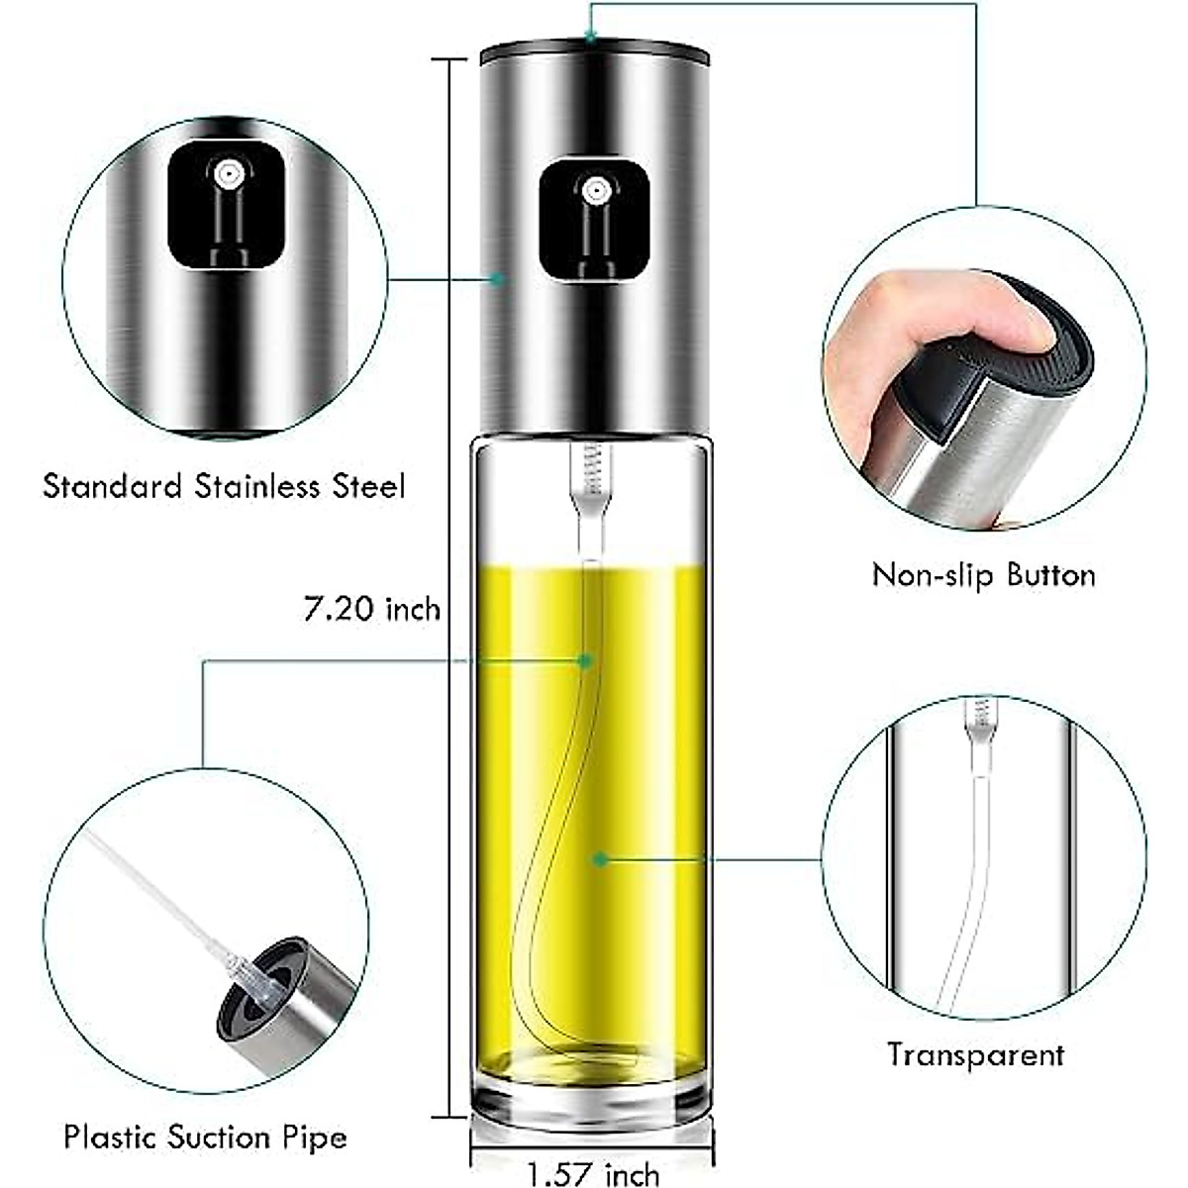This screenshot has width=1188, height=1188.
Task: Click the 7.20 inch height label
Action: [371, 608]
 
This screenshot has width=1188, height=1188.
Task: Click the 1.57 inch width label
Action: [592, 1175]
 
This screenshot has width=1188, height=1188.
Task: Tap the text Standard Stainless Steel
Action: [225, 487]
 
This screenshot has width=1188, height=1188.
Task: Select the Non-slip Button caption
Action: [983, 575]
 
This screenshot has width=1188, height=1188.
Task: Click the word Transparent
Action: [974, 1055]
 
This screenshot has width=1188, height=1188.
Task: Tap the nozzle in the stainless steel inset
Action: [229, 176]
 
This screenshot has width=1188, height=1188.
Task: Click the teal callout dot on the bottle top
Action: [590, 38]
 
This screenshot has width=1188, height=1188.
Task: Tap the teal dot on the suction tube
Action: [585, 660]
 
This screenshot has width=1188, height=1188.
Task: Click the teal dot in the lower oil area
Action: [599, 859]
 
